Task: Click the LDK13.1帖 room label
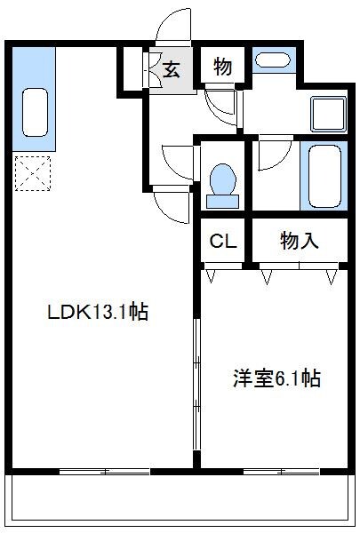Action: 98,312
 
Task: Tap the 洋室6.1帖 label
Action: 276,378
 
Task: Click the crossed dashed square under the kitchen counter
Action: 33,174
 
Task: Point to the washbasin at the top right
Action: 271,60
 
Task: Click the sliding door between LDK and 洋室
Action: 196,382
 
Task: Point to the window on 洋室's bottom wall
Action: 279,471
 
